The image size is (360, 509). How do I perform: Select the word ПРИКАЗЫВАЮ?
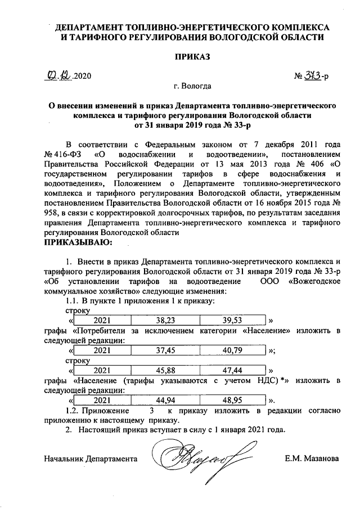click(77, 242)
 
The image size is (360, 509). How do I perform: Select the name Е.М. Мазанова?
click(312, 458)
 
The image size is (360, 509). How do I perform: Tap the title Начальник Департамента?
click(91, 458)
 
